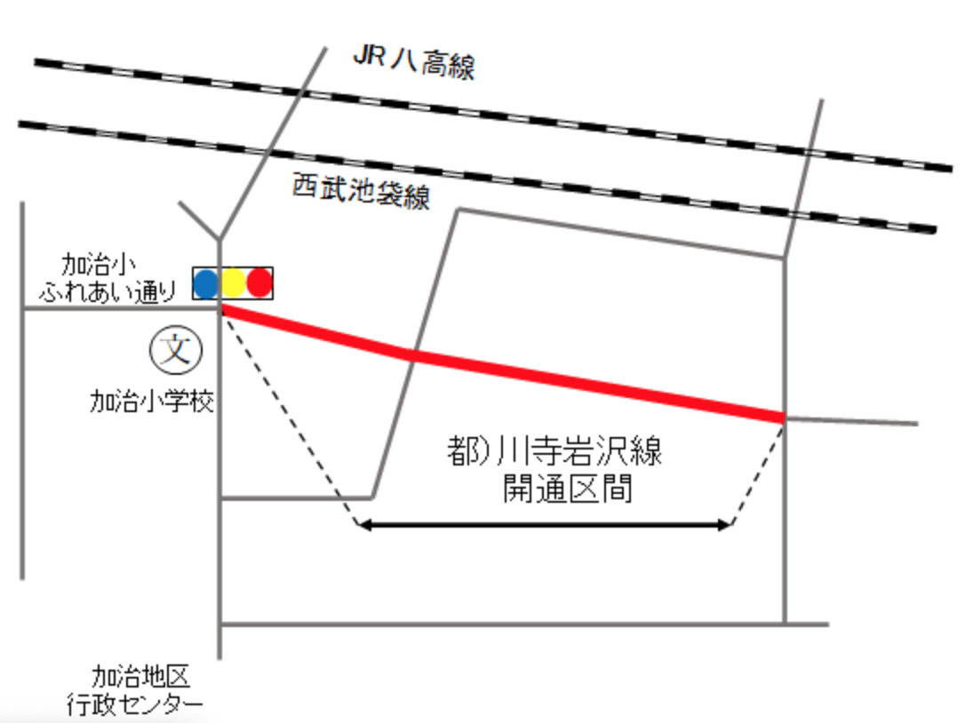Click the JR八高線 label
[414, 63]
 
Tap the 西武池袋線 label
[362, 191]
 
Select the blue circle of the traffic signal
[206, 283]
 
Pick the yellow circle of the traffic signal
[233, 283]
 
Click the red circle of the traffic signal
[259, 283]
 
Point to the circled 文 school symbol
[176, 350]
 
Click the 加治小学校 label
[152, 401]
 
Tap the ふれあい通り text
[108, 291]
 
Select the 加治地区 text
[141, 676]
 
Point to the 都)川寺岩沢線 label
[554, 450]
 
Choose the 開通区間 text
[568, 489]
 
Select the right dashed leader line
[758, 473]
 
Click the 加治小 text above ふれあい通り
[99, 266]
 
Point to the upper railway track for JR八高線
[492, 115]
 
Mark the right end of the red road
[784, 418]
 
